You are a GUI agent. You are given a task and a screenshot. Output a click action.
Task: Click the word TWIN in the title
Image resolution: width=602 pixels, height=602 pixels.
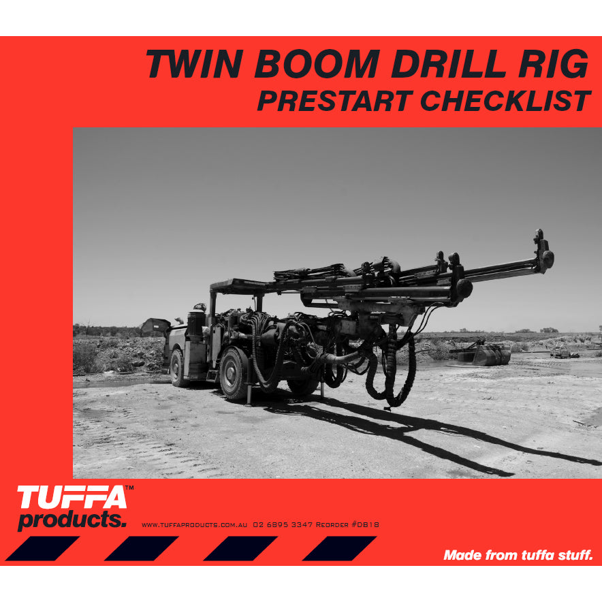pyautogui.click(x=194, y=64)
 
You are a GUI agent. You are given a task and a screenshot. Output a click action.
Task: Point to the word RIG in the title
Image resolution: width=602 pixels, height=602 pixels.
pyautogui.click(x=553, y=64)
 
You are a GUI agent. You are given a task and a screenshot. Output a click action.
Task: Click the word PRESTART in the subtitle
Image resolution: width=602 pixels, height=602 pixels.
pyautogui.click(x=335, y=101)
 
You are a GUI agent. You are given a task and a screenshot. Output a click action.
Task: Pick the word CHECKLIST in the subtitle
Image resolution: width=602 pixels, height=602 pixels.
pyautogui.click(x=505, y=101)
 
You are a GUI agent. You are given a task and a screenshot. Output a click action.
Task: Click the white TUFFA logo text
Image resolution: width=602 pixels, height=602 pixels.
pyautogui.click(x=72, y=498)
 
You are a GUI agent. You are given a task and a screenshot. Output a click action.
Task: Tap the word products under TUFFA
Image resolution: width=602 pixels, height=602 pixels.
pyautogui.click(x=72, y=520)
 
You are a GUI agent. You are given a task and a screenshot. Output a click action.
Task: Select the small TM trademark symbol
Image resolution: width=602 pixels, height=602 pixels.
pyautogui.click(x=129, y=488)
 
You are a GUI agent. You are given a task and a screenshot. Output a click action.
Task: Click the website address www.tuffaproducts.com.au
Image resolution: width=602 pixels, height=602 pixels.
pyautogui.click(x=194, y=525)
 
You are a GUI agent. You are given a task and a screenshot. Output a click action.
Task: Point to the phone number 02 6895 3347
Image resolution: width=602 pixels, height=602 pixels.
pyautogui.click(x=283, y=524)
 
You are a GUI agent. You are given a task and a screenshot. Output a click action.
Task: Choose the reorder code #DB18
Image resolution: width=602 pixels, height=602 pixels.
pyautogui.click(x=365, y=524)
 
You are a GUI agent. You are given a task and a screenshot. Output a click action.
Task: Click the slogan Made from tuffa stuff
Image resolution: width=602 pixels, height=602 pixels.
pyautogui.click(x=518, y=555)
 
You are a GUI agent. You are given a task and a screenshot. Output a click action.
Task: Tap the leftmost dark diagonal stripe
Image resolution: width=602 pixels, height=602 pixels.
pyautogui.click(x=42, y=548)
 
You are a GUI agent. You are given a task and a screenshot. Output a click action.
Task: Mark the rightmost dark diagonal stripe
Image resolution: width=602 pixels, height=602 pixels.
pyautogui.click(x=339, y=548)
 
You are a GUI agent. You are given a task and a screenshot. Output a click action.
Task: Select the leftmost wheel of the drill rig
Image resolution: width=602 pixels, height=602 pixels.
pyautogui.click(x=177, y=368)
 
